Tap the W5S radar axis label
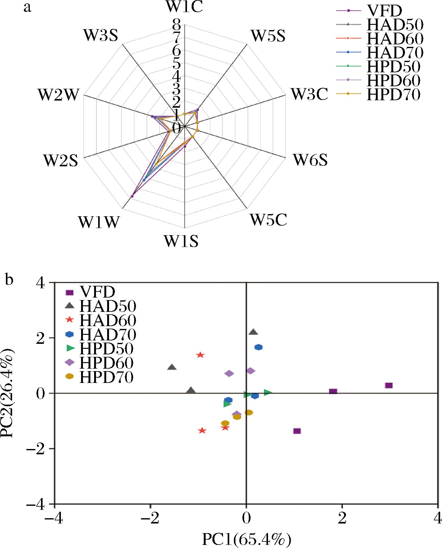tap(268, 36)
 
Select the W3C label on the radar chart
tap(309, 94)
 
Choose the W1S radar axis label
tap(181, 241)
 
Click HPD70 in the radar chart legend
tap(393, 94)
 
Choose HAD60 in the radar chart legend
tap(395, 39)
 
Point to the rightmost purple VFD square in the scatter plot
tap(389, 385)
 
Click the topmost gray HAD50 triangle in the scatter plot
tap(253, 332)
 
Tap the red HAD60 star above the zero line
tap(200, 355)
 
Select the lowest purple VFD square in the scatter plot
tap(297, 431)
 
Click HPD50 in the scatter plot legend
tap(106, 348)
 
